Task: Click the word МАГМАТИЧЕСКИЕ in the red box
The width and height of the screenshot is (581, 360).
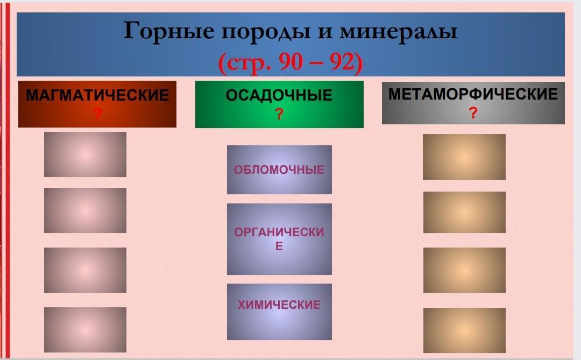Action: point(97,95)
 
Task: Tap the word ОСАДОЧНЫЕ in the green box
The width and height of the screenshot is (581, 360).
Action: point(279,95)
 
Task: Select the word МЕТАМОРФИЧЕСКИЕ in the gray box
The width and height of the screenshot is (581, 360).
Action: point(473,94)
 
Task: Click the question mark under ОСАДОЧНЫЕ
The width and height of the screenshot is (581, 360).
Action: point(279,114)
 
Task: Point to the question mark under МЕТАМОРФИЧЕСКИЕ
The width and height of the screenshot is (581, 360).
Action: point(473,112)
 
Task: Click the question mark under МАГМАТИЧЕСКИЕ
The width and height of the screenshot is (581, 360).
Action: point(97,114)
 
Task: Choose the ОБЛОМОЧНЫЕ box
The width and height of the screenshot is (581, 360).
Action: point(279,170)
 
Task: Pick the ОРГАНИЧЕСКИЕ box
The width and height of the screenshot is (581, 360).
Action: point(279,239)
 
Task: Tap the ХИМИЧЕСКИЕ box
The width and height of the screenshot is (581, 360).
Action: point(279,312)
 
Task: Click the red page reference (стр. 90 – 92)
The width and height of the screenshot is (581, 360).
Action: point(290,62)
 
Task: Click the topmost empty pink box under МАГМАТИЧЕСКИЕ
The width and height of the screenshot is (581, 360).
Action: point(85,154)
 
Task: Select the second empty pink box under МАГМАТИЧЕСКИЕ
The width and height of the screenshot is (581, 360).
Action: point(85,210)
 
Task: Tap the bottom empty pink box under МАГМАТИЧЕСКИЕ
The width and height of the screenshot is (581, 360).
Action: point(85,330)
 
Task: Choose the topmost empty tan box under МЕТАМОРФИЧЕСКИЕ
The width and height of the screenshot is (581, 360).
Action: point(464,157)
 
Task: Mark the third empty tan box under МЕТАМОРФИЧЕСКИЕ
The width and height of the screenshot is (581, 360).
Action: point(464,270)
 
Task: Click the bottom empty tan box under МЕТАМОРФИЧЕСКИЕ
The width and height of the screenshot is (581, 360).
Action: point(464,330)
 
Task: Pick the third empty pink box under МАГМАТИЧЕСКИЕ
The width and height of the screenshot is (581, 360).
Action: point(85,270)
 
